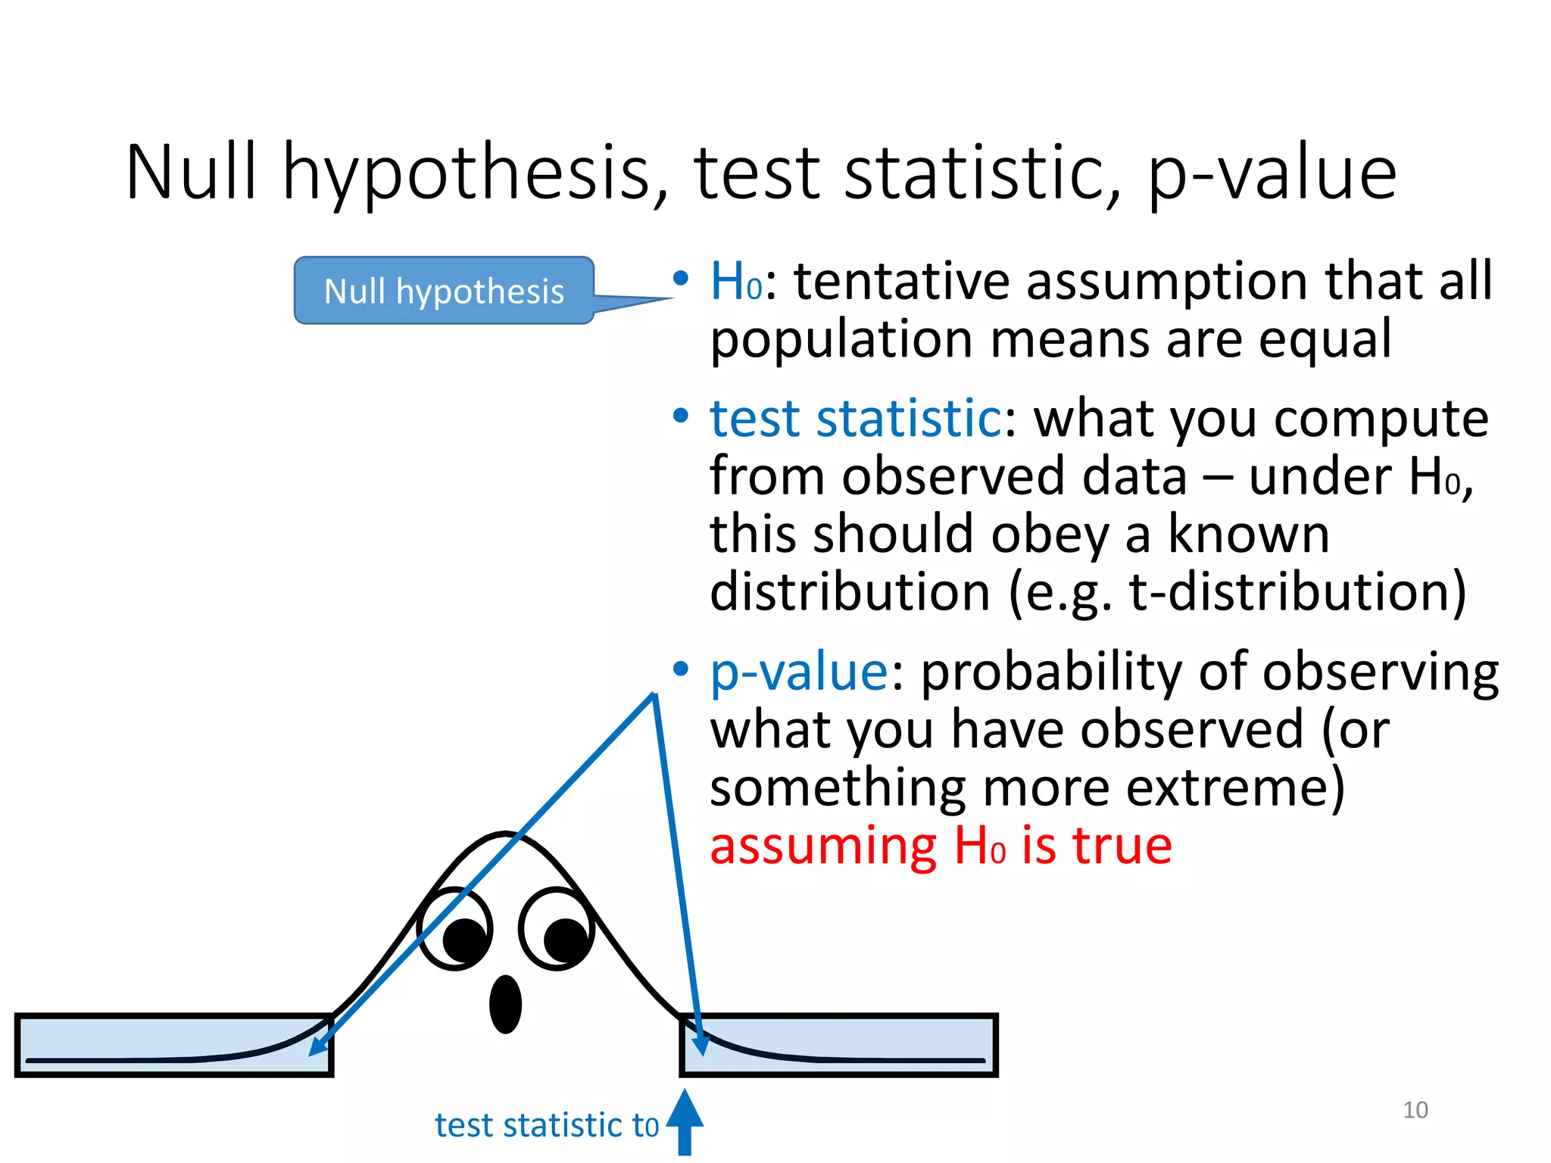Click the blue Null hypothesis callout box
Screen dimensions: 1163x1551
444,291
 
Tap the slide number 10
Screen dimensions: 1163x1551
1415,1110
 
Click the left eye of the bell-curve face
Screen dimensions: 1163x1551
455,929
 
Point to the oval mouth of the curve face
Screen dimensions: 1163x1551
505,1004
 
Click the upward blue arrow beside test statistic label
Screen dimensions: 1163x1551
685,1122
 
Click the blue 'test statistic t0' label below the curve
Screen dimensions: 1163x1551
547,1126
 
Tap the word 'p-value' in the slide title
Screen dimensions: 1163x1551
1272,174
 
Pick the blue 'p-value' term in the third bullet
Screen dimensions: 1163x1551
798,672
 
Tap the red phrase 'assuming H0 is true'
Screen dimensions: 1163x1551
941,846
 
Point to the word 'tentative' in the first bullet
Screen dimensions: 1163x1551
901,282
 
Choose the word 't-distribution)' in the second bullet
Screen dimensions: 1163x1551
1297,592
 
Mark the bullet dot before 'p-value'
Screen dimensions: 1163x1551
681,669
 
